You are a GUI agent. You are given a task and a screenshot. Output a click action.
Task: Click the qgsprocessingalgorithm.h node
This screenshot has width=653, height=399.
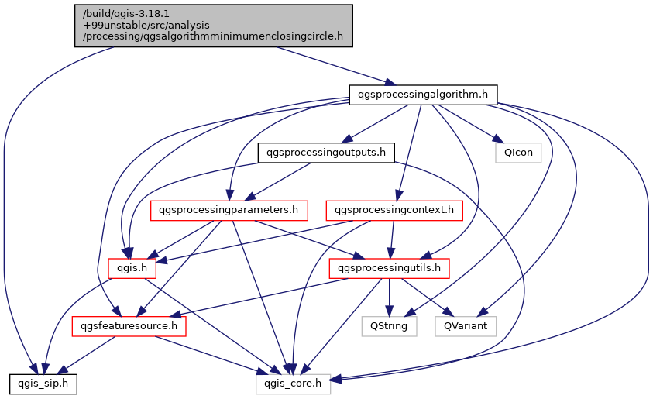pyautogui.click(x=422, y=95)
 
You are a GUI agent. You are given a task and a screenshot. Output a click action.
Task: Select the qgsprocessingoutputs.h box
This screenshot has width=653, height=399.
pyautogui.click(x=325, y=152)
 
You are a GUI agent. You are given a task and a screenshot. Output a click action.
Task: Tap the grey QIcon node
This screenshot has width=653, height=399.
pyautogui.click(x=518, y=152)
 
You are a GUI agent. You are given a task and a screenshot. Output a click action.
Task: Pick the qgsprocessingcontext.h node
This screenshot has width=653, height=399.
pyautogui.click(x=395, y=210)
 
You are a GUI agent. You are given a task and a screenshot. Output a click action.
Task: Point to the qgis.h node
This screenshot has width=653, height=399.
pyautogui.click(x=132, y=268)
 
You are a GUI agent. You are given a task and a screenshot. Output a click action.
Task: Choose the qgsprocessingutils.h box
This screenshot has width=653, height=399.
pyautogui.click(x=390, y=268)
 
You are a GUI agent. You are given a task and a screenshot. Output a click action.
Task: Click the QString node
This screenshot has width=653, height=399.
pyautogui.click(x=389, y=326)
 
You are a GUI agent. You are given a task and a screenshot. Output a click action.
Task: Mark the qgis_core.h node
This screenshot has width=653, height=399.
pyautogui.click(x=294, y=383)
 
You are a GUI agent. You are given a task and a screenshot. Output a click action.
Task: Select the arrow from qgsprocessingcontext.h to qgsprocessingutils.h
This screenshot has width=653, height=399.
pyautogui.click(x=393, y=239)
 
